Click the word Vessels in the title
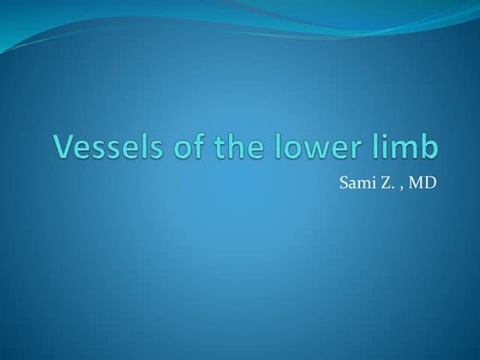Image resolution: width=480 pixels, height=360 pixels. (x=101, y=147)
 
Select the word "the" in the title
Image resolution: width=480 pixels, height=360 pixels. (x=225, y=147)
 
